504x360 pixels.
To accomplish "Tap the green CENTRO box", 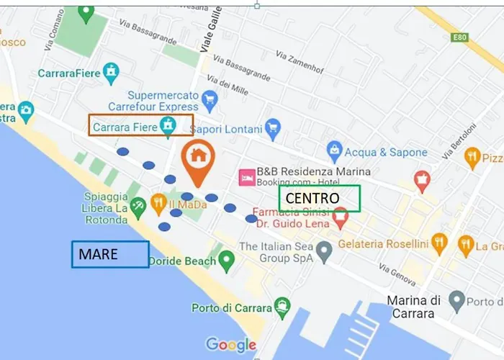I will click(319, 199).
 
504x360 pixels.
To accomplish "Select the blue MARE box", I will click(110, 254).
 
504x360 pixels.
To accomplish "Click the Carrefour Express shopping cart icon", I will click(210, 98).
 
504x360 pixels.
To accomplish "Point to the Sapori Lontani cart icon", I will click(272, 130).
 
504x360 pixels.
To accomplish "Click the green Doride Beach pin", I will click(227, 259).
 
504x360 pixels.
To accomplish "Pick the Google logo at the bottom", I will click(230, 344).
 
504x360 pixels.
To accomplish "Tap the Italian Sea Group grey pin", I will click(324, 251).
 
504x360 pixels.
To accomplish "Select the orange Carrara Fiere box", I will click(140, 125).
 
